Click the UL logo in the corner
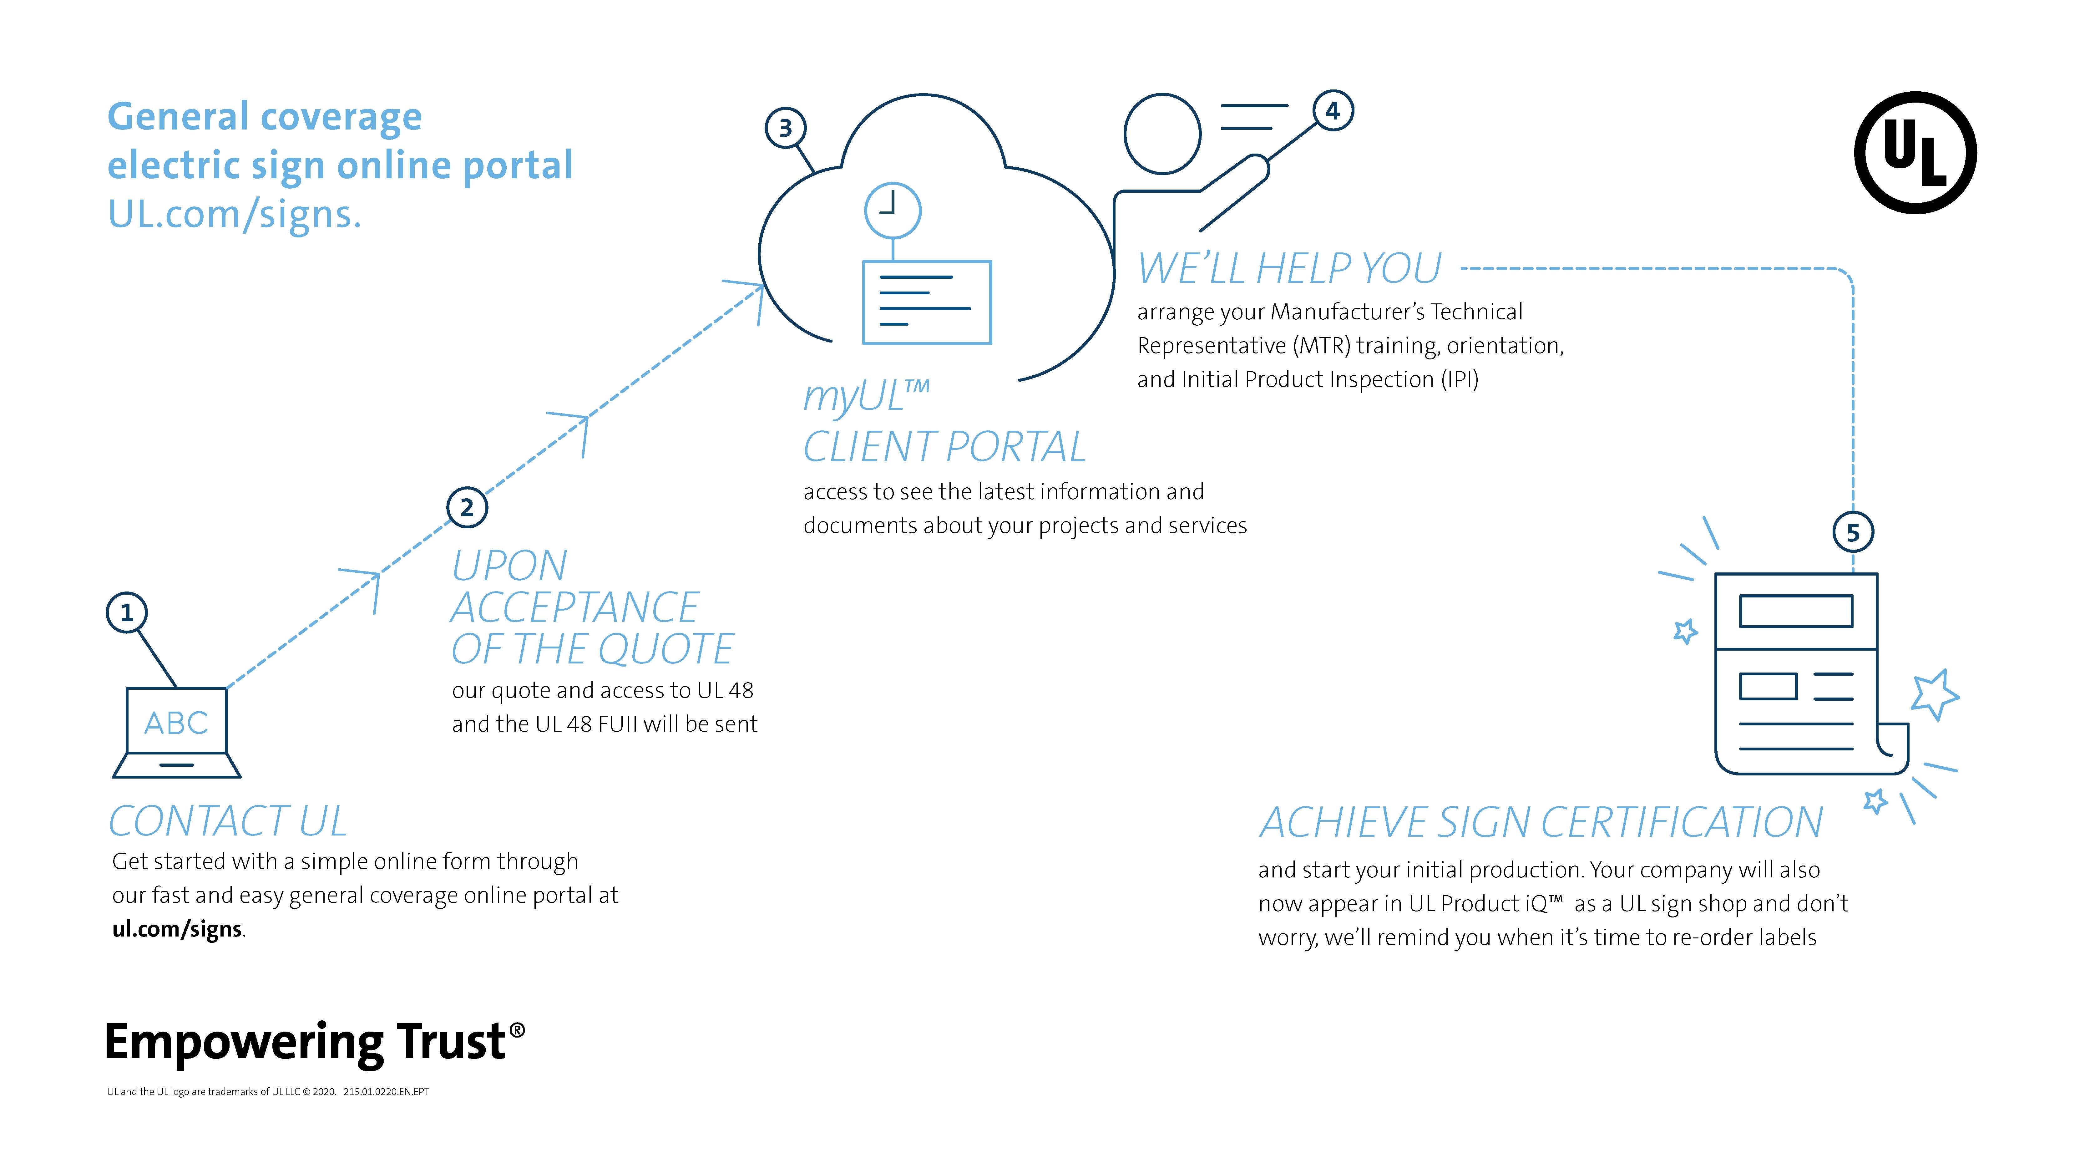(1915, 153)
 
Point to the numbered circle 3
(785, 128)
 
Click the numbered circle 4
(1332, 111)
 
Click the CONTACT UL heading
(228, 822)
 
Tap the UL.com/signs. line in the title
(235, 215)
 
